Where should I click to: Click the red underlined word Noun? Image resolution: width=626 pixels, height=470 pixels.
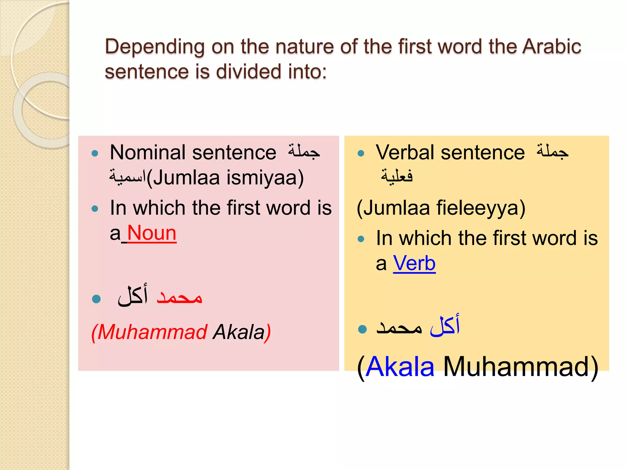152,233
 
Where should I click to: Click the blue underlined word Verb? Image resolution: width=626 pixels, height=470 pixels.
414,263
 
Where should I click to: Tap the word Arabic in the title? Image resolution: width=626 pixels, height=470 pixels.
551,47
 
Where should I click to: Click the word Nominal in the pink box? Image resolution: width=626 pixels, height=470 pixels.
148,152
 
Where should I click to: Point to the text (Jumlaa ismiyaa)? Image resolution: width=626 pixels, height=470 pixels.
225,178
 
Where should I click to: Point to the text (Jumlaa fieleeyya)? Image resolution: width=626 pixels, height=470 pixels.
441,208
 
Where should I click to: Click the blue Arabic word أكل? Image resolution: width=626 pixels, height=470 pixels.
445,326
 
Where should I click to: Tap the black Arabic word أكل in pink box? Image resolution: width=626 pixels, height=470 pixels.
133,295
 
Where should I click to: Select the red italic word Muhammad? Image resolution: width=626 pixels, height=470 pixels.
153,332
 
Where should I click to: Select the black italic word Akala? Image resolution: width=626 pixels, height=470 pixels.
239,332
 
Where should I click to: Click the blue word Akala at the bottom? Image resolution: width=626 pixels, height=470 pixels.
400,367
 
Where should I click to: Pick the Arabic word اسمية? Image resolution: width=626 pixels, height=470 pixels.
127,177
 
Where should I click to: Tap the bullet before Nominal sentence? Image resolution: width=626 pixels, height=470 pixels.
95,153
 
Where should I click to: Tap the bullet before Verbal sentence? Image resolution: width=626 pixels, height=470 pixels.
361,153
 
